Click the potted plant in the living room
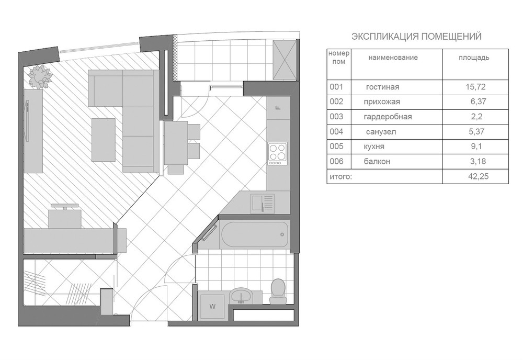click(x=40, y=77)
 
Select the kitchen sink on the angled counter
click(x=263, y=204)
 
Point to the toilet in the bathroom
click(x=278, y=291)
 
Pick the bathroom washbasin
click(x=241, y=296)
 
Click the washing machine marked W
click(x=212, y=306)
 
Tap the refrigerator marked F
click(x=278, y=108)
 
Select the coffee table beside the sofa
click(x=104, y=140)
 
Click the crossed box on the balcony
click(x=285, y=60)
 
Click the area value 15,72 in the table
click(x=475, y=87)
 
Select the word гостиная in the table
click(x=382, y=87)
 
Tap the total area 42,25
click(x=479, y=176)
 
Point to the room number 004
click(x=336, y=131)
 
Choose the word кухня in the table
click(x=374, y=147)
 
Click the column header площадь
click(x=474, y=58)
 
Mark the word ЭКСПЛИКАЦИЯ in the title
click(x=385, y=37)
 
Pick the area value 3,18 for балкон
click(x=478, y=161)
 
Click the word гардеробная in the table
click(x=388, y=117)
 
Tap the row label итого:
click(x=340, y=176)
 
